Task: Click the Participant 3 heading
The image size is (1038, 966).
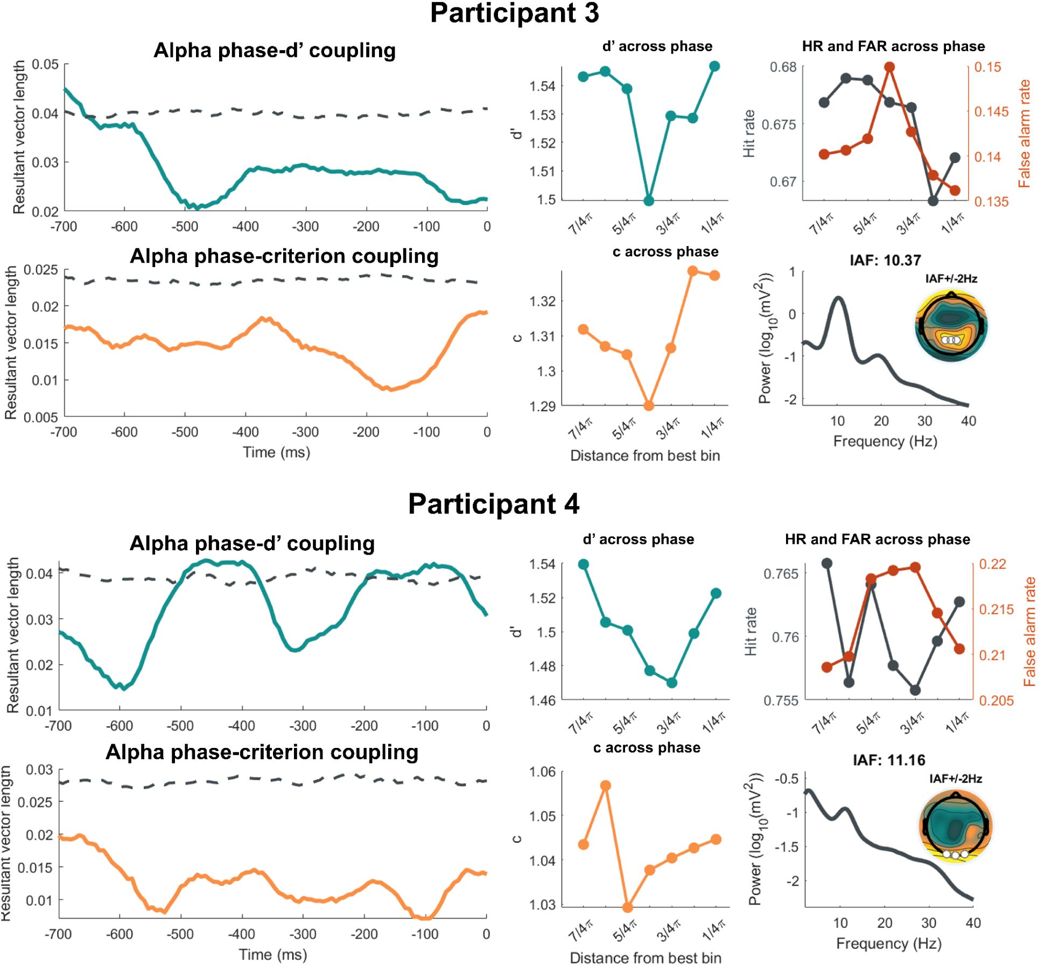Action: (514, 13)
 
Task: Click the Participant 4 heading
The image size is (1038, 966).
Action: (493, 504)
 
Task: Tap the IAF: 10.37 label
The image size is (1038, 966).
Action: (885, 261)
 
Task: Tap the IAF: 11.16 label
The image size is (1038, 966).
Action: (889, 760)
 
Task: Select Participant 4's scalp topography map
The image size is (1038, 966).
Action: (955, 827)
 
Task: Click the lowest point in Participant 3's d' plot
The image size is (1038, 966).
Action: (649, 201)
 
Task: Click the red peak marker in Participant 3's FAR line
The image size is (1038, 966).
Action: (889, 67)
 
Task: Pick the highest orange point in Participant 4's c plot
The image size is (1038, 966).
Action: (606, 786)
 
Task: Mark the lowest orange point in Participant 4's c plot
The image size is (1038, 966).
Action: (627, 907)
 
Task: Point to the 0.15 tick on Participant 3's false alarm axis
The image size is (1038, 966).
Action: (988, 67)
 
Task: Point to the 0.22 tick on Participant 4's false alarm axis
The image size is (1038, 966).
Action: (992, 564)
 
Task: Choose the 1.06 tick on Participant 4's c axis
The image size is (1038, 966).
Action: (542, 772)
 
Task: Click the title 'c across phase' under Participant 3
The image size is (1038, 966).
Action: (665, 252)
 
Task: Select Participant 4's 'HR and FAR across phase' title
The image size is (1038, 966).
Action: (878, 540)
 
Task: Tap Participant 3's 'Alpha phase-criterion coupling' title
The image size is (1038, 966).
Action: (284, 256)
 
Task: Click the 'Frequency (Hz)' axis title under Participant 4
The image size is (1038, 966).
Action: (889, 943)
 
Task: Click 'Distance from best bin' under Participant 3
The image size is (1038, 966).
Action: (645, 456)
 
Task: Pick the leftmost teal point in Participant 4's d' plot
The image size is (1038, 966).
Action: (583, 564)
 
